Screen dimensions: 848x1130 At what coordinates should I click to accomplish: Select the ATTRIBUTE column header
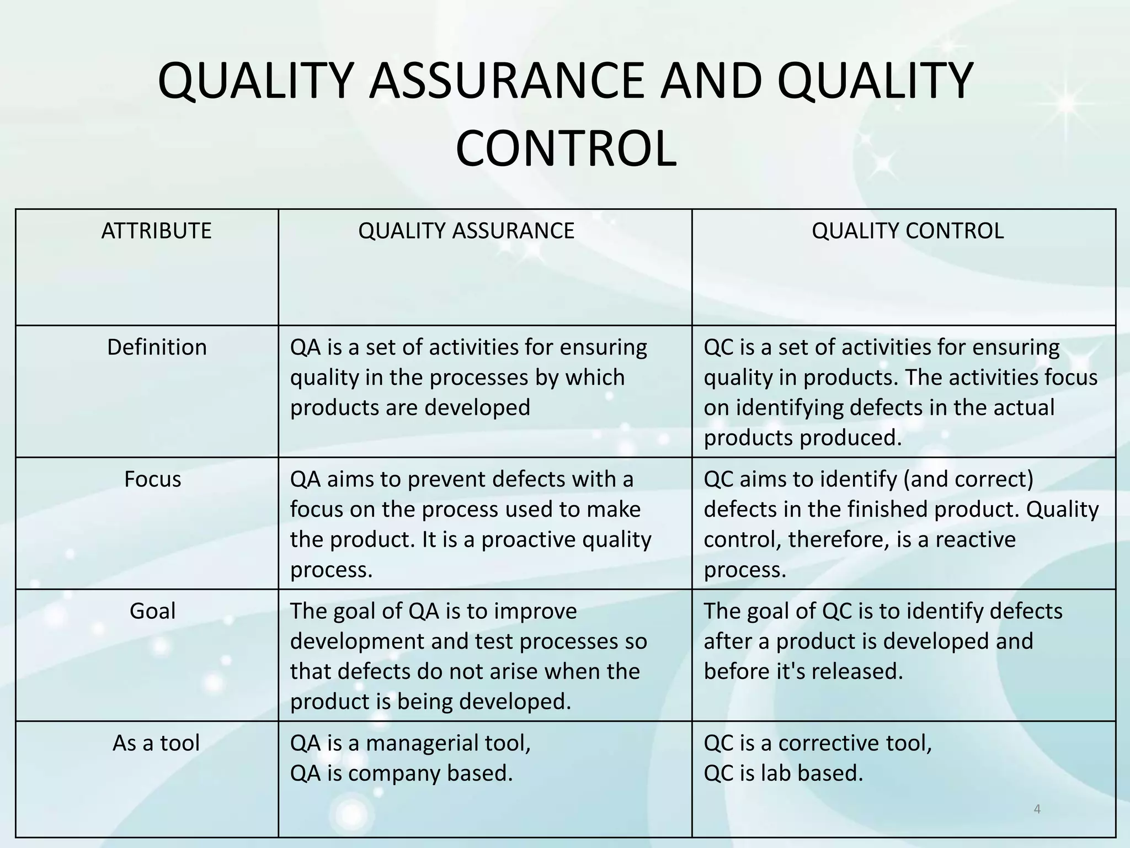[x=156, y=231]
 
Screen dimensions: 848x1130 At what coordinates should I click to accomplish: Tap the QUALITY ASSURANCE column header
[x=466, y=231]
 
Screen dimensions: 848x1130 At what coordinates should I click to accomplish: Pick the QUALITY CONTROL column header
[x=908, y=231]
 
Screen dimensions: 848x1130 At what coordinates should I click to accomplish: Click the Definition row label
[x=157, y=347]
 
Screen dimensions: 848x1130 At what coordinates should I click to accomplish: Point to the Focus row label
[x=152, y=479]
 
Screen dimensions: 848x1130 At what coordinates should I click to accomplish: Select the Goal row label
[x=152, y=611]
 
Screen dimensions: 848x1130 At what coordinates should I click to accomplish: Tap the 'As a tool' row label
[x=156, y=743]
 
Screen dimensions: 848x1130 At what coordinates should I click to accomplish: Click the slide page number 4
[x=1037, y=809]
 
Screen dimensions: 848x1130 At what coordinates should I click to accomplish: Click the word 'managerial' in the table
[x=420, y=743]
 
